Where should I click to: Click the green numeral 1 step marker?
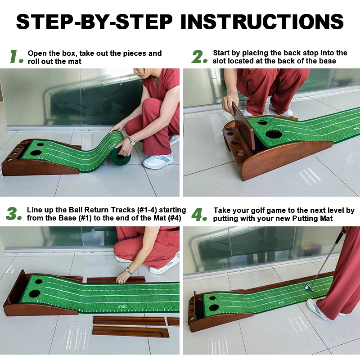16,57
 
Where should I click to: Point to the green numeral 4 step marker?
199,214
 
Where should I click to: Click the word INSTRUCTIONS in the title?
265,21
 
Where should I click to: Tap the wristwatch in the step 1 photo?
131,141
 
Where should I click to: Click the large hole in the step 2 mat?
273,134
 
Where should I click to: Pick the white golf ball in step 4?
307,287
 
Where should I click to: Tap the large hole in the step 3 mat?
34,293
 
